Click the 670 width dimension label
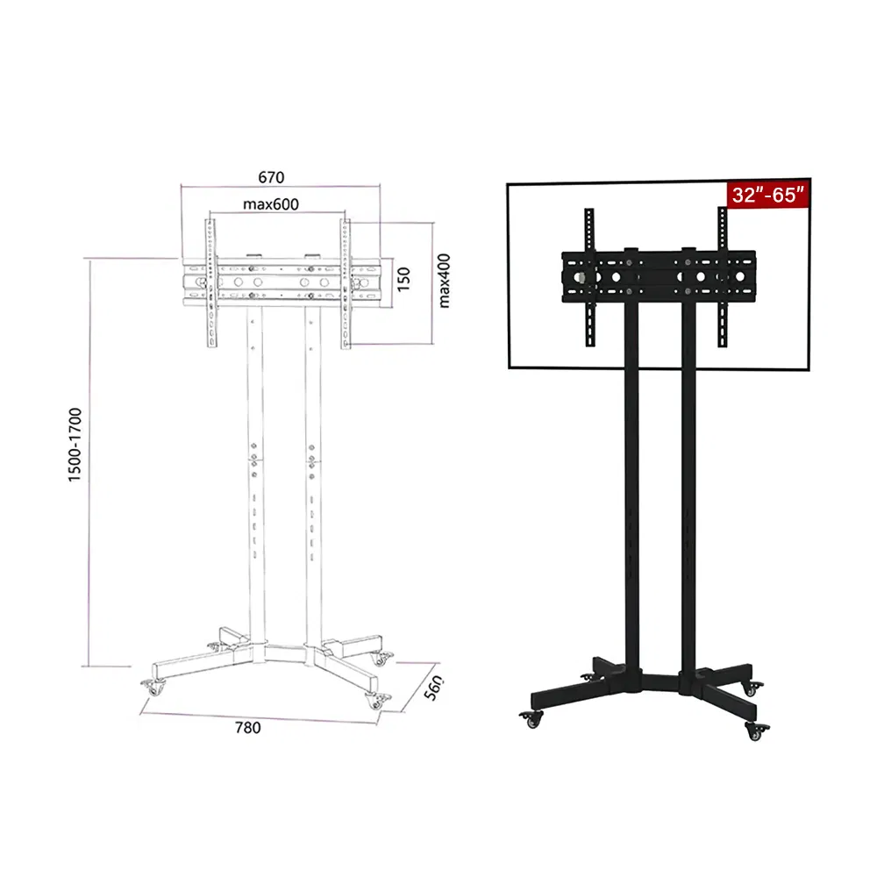[271, 177]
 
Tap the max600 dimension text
[271, 204]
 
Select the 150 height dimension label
[403, 279]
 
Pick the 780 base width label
[247, 726]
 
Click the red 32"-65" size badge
[768, 195]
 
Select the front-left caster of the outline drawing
[155, 688]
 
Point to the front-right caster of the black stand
[753, 727]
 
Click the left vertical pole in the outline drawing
[253, 482]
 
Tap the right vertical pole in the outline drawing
[313, 482]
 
